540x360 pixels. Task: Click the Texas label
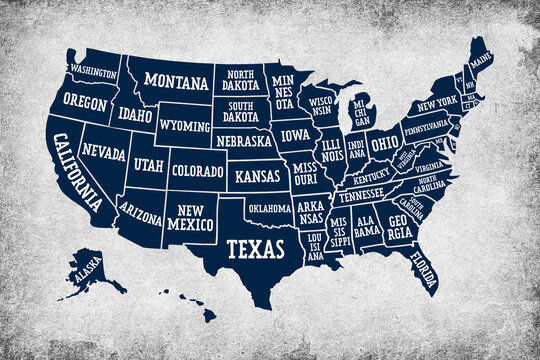pyautogui.click(x=247, y=247)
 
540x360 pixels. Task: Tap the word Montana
pyautogui.click(x=177, y=80)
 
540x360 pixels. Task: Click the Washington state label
pyautogui.click(x=93, y=72)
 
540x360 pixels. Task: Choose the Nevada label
pyautogui.click(x=103, y=153)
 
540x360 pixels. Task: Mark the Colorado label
pyautogui.click(x=197, y=171)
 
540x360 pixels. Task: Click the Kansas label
pyautogui.click(x=258, y=176)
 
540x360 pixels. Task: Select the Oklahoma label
pyautogui.click(x=269, y=208)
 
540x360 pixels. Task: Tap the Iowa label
pyautogui.click(x=295, y=135)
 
